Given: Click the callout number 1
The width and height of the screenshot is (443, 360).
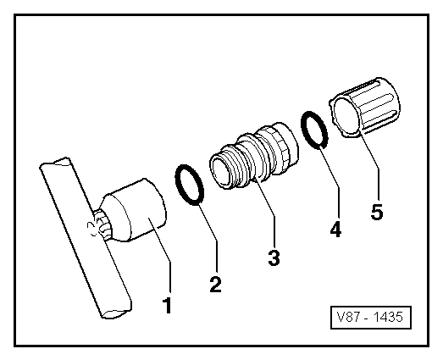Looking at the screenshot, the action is coord(167,305).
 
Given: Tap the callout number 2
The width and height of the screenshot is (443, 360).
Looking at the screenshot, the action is coord(215,285).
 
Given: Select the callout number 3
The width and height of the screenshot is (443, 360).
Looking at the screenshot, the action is coord(274,258).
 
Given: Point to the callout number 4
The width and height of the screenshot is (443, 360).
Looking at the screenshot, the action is coord(335,229).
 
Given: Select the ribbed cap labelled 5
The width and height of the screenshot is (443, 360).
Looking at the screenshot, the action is coord(365,107).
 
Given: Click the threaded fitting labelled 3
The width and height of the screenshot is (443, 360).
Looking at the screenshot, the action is coord(254,156).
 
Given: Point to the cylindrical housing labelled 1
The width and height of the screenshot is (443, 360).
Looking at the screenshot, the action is coord(134,211).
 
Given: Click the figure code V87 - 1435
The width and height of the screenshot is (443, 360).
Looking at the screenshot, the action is coord(371,317).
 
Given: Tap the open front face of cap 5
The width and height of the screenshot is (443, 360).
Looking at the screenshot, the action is coord(346,116).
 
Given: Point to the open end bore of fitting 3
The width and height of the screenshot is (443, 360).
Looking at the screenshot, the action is coord(220,173).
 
